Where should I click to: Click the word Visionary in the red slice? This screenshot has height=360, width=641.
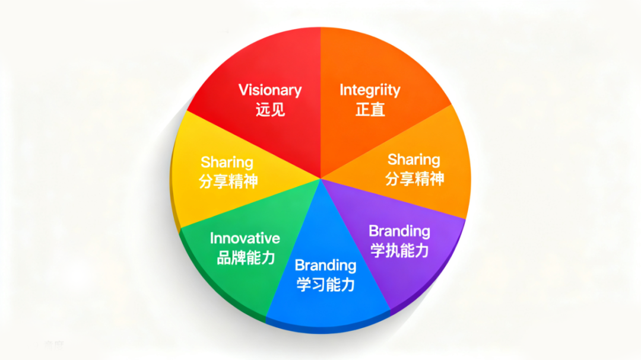tap(270, 90)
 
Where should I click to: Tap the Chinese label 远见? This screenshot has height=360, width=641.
tap(270, 109)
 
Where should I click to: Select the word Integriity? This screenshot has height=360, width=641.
tap(370, 90)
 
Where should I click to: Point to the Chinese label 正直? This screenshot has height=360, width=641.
tap(370, 109)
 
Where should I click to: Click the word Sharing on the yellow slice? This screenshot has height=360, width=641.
tap(227, 162)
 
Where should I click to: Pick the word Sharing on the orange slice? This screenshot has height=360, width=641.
tap(414, 160)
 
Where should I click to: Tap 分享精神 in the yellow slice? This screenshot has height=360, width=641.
tap(229, 181)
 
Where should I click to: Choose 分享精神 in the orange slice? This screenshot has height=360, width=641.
tap(415, 179)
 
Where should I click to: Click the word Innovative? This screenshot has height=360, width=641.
tap(245, 238)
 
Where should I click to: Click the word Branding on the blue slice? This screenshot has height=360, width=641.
tap(325, 265)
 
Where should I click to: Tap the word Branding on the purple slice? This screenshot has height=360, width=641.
tap(399, 231)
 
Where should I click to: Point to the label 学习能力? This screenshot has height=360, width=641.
tap(325, 284)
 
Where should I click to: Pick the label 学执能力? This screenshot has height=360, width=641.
tap(399, 250)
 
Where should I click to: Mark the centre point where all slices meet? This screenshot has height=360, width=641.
tap(320, 178)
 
